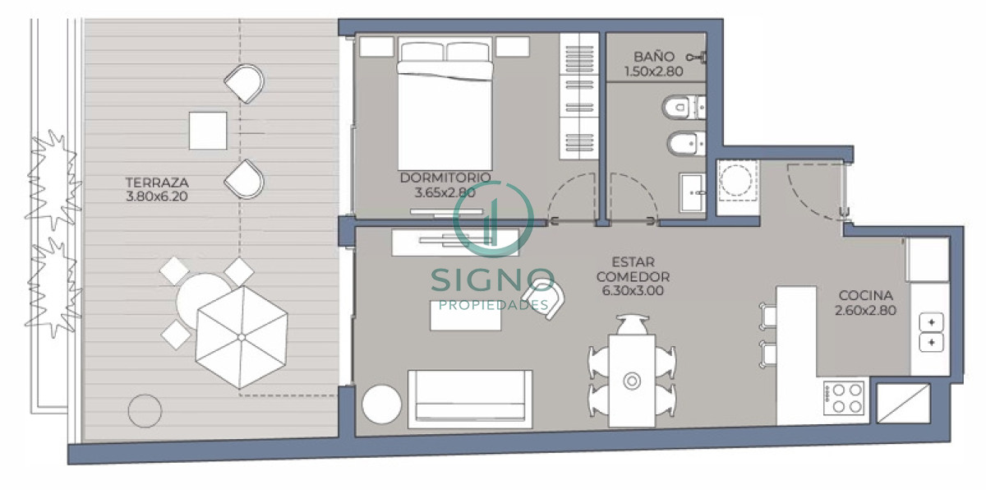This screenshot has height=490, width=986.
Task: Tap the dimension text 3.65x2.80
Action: click(x=445, y=192)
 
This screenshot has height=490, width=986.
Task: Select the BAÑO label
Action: click(x=654, y=57)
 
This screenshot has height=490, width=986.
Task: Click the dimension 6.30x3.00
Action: click(x=633, y=290)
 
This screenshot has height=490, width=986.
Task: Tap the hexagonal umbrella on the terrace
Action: click(x=242, y=337)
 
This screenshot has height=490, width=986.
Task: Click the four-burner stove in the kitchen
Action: click(x=843, y=400)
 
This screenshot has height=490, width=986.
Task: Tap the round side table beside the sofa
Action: click(x=382, y=404)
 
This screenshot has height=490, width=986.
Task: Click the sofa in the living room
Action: click(x=468, y=398)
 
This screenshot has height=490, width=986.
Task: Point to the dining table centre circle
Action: click(x=632, y=381)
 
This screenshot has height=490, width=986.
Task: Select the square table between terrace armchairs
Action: click(x=208, y=131)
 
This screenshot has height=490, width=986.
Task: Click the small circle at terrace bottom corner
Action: click(x=145, y=409)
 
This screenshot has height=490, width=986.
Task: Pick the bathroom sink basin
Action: click(x=693, y=193)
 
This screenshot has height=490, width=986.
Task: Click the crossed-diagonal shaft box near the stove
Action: click(x=902, y=403)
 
